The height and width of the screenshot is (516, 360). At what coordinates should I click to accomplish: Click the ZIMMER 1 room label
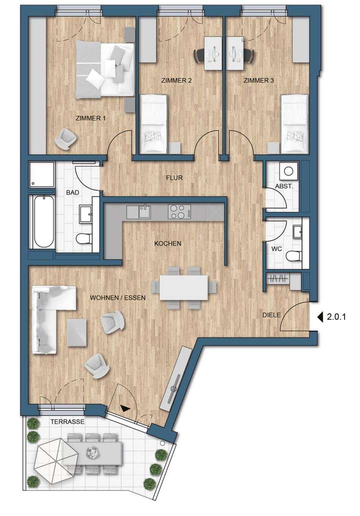(x=91, y=118)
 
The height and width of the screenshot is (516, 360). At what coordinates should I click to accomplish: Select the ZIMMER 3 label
(x=258, y=80)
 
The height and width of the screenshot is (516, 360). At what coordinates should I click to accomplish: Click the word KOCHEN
(x=167, y=243)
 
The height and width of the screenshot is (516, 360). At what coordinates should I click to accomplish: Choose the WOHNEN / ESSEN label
(x=117, y=297)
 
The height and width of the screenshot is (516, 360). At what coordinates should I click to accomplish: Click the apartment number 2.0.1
(x=337, y=316)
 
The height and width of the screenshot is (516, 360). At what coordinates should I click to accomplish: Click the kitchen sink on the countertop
(x=144, y=212)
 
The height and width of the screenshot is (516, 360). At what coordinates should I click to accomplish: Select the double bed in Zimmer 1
(x=105, y=69)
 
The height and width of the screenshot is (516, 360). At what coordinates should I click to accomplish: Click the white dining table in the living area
(x=183, y=288)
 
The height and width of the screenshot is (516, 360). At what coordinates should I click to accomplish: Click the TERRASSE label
(x=66, y=421)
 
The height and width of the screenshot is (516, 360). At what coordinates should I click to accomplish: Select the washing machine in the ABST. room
(x=288, y=171)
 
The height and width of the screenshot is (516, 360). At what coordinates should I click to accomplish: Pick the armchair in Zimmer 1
(x=65, y=138)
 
